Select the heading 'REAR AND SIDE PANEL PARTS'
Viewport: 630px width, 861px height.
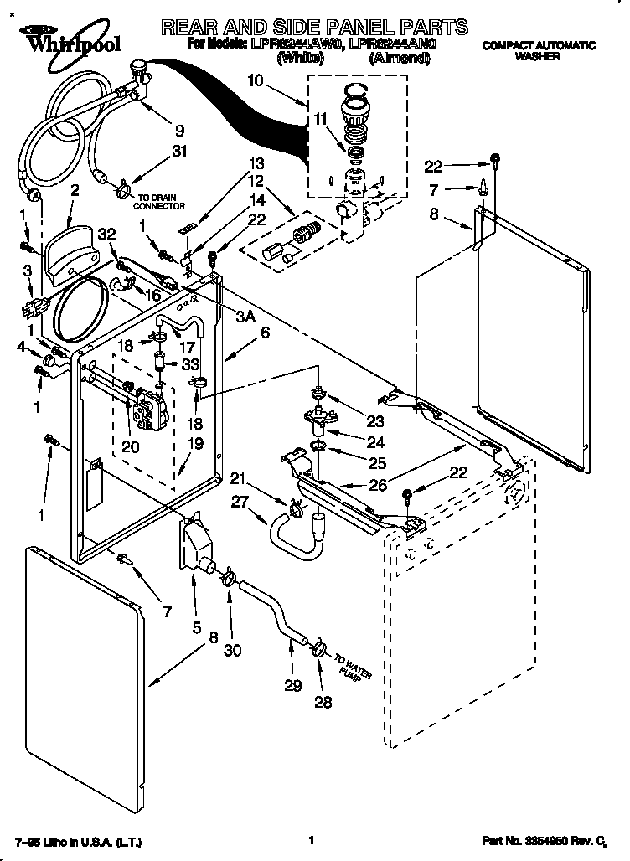pos(313,27)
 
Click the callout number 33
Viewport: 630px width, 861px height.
pos(189,364)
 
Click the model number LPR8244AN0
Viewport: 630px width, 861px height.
pos(401,42)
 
